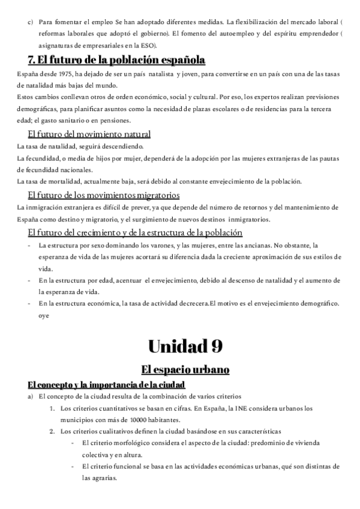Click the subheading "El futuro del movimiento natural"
coord(89,134)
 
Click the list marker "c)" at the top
coord(31,22)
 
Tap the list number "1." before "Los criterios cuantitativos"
coord(53,409)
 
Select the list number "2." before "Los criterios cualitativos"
coord(53,432)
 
